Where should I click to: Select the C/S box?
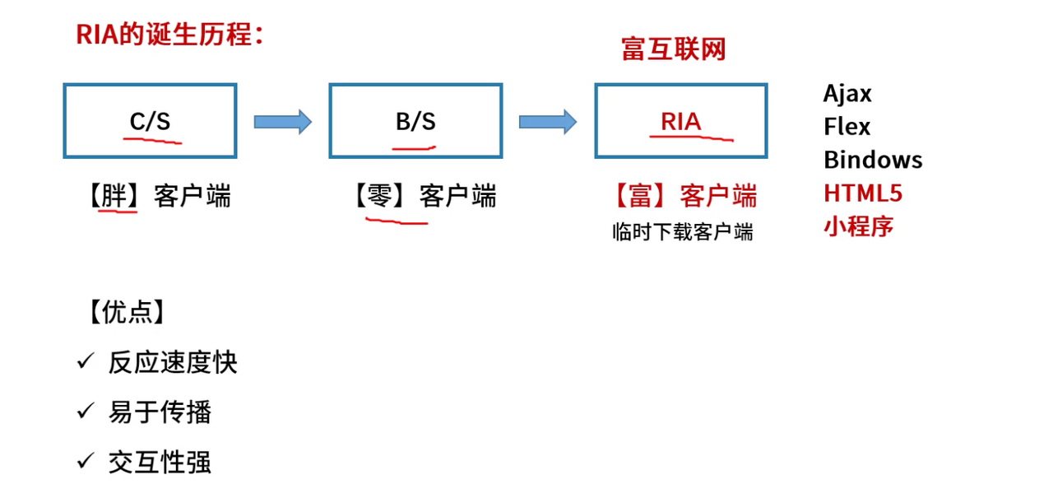[x=150, y=121]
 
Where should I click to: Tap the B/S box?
[x=415, y=121]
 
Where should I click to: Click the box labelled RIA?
[x=681, y=121]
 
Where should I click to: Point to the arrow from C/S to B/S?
[x=282, y=122]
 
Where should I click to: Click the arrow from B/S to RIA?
[x=547, y=122]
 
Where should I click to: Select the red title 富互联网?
[x=674, y=49]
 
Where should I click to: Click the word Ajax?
[x=847, y=93]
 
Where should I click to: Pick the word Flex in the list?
[x=847, y=127]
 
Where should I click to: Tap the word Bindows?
[x=873, y=160]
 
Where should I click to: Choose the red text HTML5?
[x=863, y=193]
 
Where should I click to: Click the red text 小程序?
[x=858, y=226]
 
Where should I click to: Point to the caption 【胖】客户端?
[x=157, y=197]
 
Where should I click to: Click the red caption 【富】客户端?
[x=684, y=197]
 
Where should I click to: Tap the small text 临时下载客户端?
[x=683, y=232]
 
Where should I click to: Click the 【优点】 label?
[x=125, y=312]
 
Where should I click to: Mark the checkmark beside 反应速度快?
[x=86, y=361]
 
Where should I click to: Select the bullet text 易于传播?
[x=160, y=412]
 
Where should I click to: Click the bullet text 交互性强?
[x=160, y=462]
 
